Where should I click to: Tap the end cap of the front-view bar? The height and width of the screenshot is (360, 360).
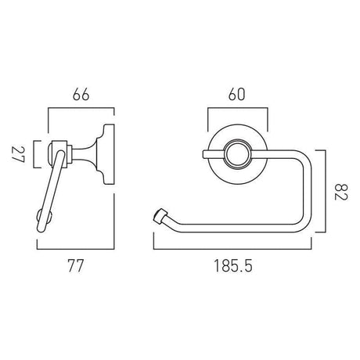pos(162,215)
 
